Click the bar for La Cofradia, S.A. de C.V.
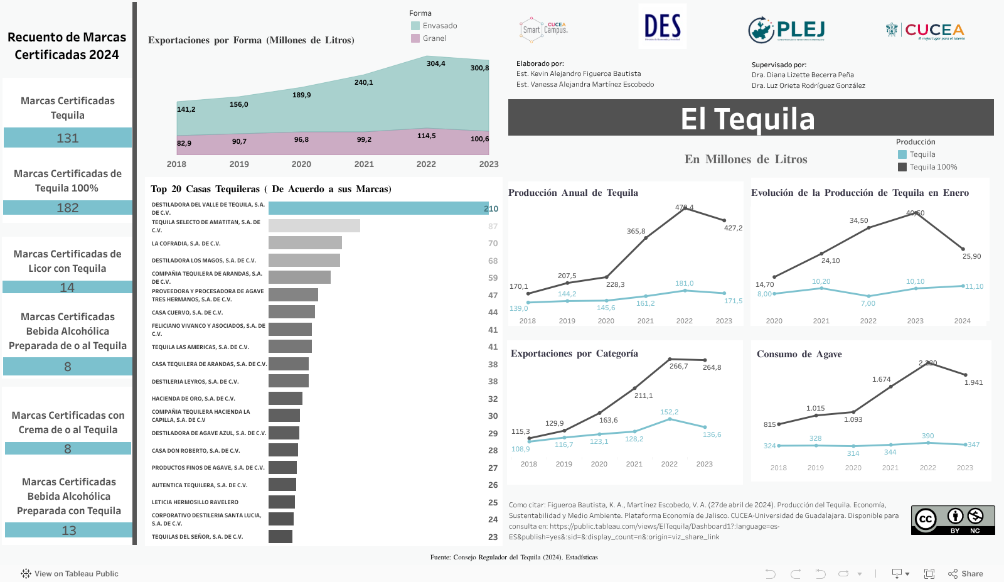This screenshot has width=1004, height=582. click(x=305, y=243)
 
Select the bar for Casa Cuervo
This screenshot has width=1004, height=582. click(x=292, y=312)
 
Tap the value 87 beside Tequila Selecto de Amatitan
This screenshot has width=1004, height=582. click(x=493, y=226)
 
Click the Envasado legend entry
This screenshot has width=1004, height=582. click(x=439, y=26)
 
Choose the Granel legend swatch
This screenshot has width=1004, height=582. click(x=415, y=38)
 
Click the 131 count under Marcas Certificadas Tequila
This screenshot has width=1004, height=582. click(x=68, y=138)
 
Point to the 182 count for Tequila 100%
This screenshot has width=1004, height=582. click(x=68, y=208)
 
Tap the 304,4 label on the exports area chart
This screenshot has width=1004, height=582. click(x=435, y=63)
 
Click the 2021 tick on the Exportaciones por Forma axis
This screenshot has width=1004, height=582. click(x=364, y=164)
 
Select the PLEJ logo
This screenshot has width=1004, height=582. click(x=786, y=30)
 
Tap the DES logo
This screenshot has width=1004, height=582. click(x=662, y=26)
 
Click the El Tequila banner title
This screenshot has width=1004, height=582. click(x=747, y=119)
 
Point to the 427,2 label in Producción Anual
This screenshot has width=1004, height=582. click(x=733, y=228)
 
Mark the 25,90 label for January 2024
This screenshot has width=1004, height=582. click(x=971, y=256)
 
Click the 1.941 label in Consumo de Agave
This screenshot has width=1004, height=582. click(x=973, y=382)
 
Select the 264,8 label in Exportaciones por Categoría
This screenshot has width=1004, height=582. click(x=712, y=367)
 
